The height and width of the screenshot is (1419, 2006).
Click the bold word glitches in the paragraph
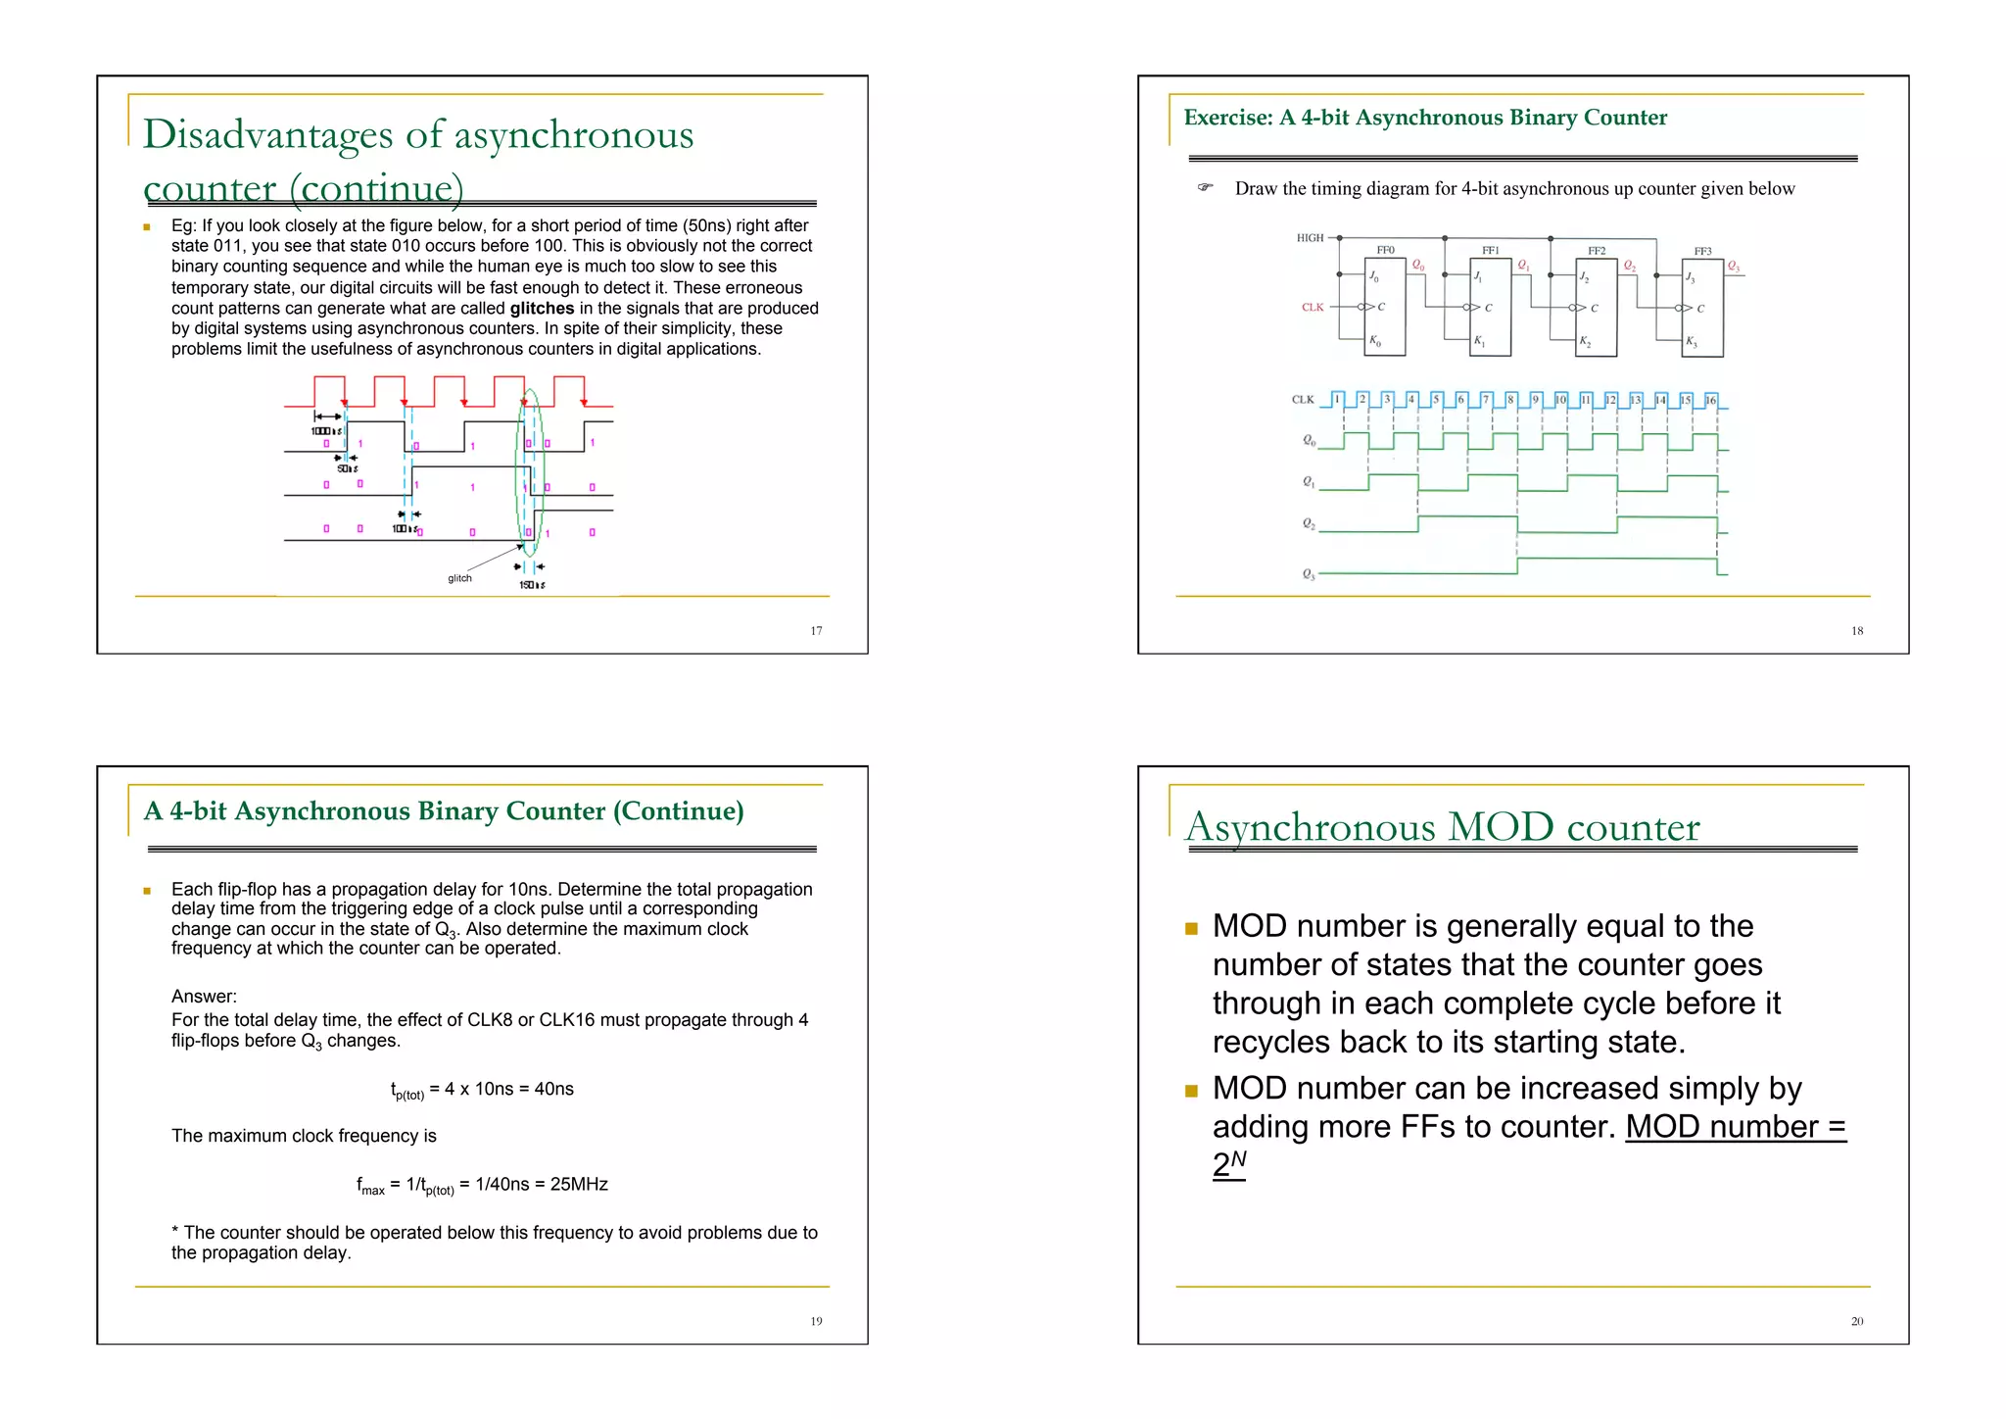point(542,309)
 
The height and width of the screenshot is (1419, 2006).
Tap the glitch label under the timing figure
point(459,578)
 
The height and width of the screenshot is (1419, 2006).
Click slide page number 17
point(816,631)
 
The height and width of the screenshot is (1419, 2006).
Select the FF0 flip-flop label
point(1385,251)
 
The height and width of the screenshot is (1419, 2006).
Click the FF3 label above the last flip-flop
point(1702,252)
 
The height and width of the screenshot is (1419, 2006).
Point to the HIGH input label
point(1310,238)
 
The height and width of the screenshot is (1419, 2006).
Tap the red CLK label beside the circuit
point(1313,308)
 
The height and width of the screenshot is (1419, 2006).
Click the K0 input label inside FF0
point(1375,341)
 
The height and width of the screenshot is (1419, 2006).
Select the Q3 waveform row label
point(1309,574)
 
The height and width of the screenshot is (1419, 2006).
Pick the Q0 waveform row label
point(1309,441)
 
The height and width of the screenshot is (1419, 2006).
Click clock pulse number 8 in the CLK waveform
point(1510,400)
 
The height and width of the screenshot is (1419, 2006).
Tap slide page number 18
point(1857,631)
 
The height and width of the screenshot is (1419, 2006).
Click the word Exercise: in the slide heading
point(1227,119)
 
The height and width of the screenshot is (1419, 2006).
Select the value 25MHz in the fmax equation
point(579,1185)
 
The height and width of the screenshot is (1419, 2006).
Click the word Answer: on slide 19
point(204,997)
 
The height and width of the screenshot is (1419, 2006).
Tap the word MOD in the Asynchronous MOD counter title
point(1501,827)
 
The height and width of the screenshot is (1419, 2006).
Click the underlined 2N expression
point(1228,1164)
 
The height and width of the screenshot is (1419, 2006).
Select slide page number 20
point(1857,1322)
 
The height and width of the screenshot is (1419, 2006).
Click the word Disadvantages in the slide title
point(267,135)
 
